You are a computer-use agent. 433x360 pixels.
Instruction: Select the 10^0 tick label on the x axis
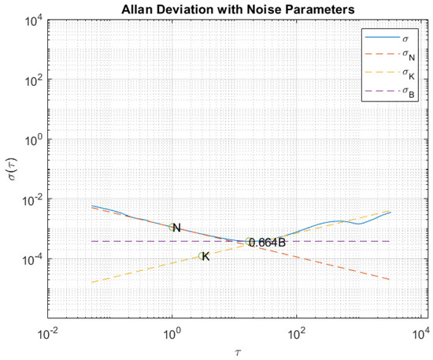pos(172,329)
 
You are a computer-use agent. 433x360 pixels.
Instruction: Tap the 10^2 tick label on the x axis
pos(296,329)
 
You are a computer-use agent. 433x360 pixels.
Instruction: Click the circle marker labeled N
pos(172,228)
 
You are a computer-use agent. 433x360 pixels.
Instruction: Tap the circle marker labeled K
pos(202,256)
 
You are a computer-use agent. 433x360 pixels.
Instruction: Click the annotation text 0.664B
pos(268,243)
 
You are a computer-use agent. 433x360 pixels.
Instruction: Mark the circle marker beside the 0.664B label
pos(249,241)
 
